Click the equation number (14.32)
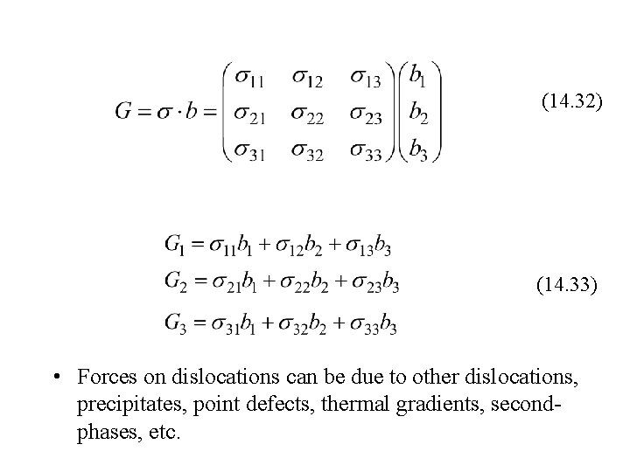[x=571, y=103]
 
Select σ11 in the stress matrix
[x=252, y=78]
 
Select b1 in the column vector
[x=419, y=77]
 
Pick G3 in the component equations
[x=174, y=324]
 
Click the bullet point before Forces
[x=55, y=378]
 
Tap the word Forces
[x=104, y=378]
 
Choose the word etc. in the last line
[x=163, y=435]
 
